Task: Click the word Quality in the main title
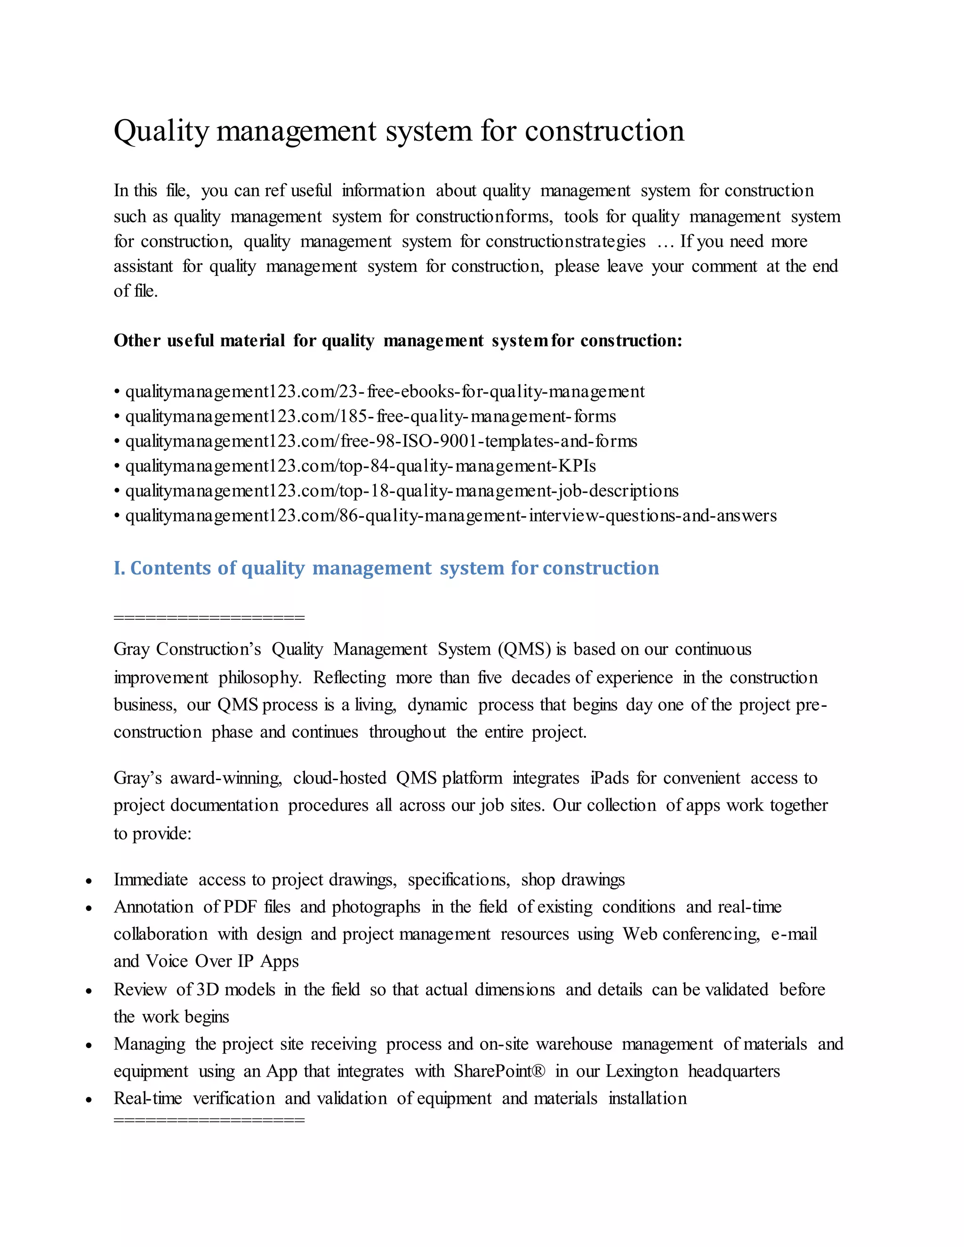(161, 132)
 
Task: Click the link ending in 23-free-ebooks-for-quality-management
(385, 392)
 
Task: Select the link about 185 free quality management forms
(370, 417)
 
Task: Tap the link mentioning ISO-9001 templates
(381, 441)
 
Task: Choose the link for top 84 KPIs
(361, 466)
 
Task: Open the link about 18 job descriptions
(402, 491)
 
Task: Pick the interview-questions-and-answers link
(450, 516)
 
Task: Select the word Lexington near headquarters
(642, 1071)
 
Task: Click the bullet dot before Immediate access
(89, 881)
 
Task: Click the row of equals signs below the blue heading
(209, 618)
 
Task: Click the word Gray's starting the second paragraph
(137, 778)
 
